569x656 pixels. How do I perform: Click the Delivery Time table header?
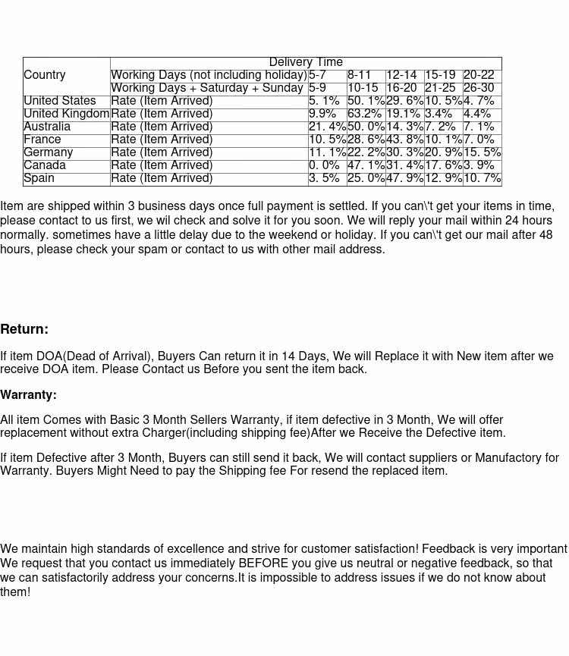click(306, 62)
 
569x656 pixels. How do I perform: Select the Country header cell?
click(45, 75)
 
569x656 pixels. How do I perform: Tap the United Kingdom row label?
click(67, 114)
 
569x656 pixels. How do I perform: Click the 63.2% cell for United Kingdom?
click(365, 114)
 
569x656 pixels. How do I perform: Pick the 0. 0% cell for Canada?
click(325, 165)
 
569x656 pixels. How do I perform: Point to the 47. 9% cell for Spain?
click(404, 178)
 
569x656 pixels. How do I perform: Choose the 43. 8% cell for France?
click(404, 140)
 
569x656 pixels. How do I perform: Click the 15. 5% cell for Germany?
click(482, 152)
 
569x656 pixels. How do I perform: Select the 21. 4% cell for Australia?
click(327, 127)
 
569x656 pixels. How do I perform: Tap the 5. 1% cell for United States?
click(325, 101)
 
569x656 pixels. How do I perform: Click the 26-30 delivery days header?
click(479, 88)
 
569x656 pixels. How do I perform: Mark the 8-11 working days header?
click(360, 75)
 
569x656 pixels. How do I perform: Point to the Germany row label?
click(49, 152)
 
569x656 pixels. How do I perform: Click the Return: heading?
click(24, 329)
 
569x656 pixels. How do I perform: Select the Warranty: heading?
click(28, 395)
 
